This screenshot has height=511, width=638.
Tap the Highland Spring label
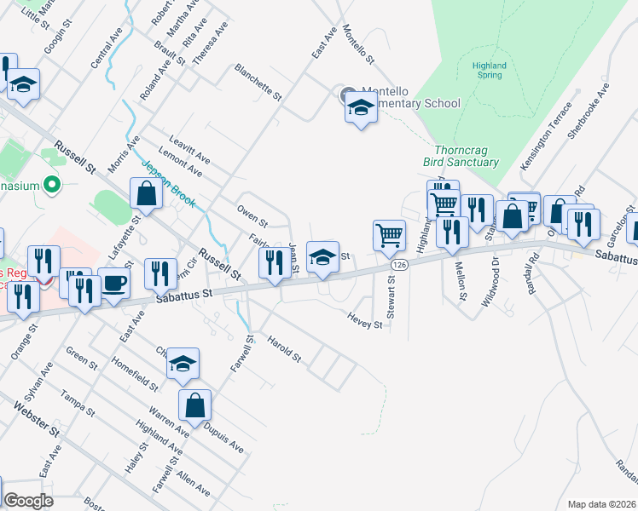[489, 70]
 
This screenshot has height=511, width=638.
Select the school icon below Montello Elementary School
[361, 109]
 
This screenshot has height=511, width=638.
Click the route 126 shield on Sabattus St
[397, 266]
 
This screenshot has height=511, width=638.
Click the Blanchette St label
[258, 82]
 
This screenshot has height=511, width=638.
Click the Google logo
[28, 501]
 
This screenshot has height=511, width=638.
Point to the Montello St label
[358, 44]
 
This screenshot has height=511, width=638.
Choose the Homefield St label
[135, 372]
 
